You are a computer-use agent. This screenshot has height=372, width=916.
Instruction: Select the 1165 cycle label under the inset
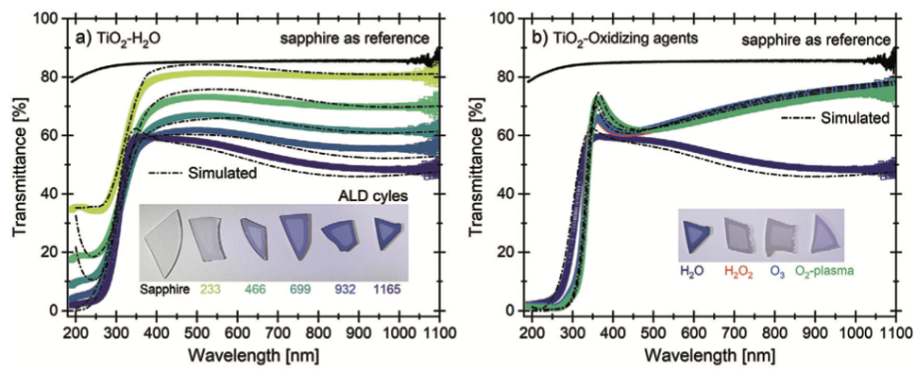point(387,290)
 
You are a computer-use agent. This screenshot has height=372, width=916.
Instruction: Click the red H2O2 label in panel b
point(738,271)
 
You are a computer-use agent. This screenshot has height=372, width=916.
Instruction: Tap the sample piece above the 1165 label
point(387,235)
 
